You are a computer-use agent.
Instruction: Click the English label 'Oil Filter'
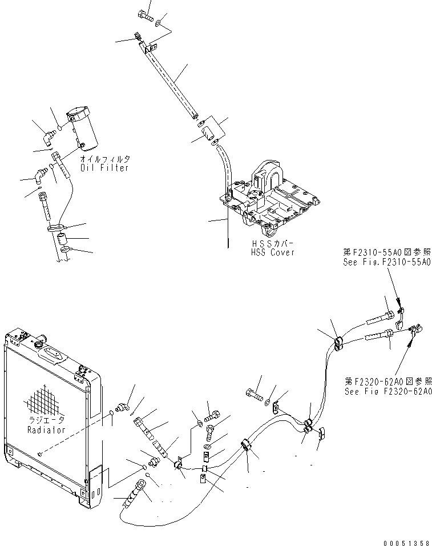104,168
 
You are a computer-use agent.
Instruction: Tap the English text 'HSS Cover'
273,252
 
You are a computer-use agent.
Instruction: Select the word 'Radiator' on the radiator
45,429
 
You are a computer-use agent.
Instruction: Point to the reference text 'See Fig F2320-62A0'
388,391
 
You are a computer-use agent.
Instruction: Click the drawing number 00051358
406,539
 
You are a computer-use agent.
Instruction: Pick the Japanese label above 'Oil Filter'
105,159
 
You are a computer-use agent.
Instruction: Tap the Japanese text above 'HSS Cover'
273,243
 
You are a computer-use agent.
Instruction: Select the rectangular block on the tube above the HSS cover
209,130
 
